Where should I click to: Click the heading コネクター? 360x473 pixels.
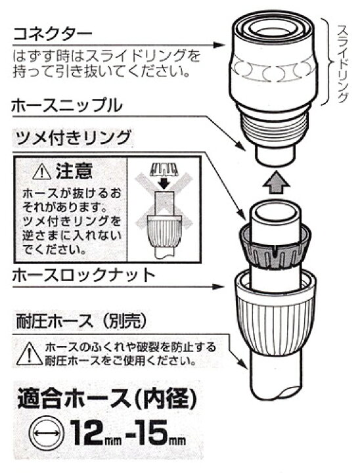click(x=52, y=34)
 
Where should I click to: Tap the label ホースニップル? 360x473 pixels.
click(x=67, y=106)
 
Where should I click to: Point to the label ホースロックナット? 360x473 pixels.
click(x=83, y=275)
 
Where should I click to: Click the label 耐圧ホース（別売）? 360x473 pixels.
click(x=81, y=322)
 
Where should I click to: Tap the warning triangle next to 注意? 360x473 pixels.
click(x=42, y=173)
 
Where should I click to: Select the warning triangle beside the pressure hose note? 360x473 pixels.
click(x=29, y=353)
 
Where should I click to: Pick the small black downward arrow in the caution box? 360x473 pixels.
click(x=164, y=183)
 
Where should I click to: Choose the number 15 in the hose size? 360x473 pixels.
click(x=152, y=434)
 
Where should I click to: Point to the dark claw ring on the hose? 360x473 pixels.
click(x=275, y=246)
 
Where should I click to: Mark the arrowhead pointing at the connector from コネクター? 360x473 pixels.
click(x=219, y=45)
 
